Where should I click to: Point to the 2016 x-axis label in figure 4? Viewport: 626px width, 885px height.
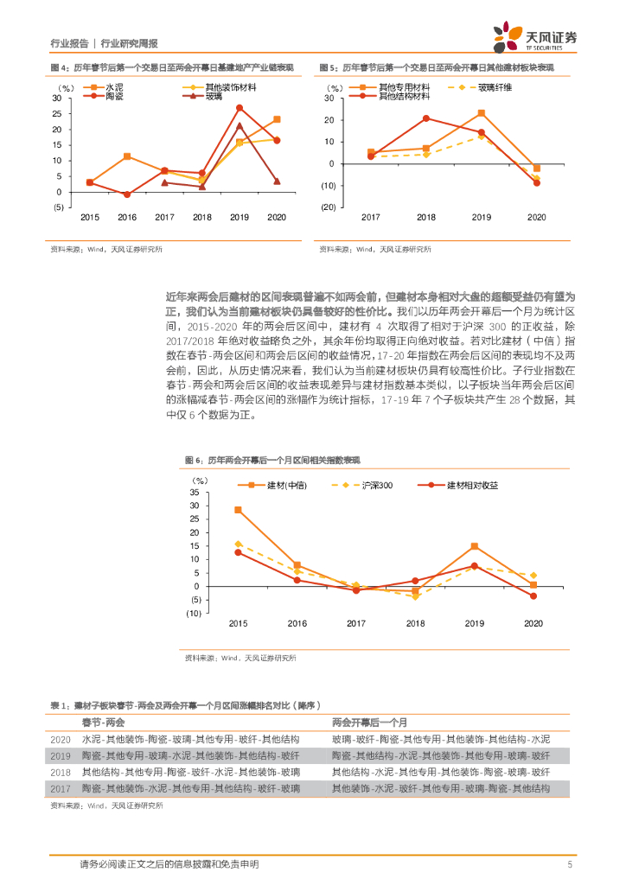(x=127, y=217)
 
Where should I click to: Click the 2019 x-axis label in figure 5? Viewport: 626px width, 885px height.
(x=482, y=217)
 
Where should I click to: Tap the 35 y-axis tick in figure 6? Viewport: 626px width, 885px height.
(x=195, y=492)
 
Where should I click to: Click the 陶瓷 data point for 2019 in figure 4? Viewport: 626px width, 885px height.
(x=240, y=108)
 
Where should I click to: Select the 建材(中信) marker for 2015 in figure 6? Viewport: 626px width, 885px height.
(x=238, y=510)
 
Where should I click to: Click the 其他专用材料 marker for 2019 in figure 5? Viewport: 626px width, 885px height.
(x=482, y=113)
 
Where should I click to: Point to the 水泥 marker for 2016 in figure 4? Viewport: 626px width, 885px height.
(x=127, y=156)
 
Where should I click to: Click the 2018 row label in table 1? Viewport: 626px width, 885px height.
(x=61, y=772)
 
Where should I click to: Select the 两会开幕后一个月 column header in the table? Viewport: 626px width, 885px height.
(x=369, y=722)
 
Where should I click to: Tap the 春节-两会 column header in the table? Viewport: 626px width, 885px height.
(x=103, y=722)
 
